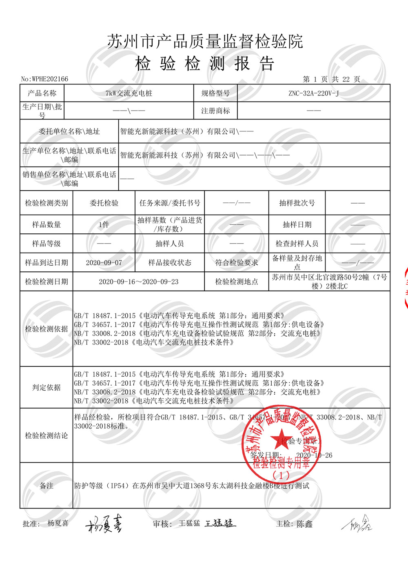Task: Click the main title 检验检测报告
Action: [204, 64]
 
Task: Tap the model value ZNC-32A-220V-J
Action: [313, 93]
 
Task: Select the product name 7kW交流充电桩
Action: [129, 93]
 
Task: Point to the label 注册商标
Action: [215, 111]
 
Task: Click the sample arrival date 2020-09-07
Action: [104, 262]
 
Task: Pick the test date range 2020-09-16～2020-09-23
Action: [138, 282]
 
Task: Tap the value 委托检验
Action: [104, 203]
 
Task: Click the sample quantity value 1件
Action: [104, 224]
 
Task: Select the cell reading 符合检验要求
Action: [236, 262]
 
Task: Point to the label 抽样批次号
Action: [297, 203]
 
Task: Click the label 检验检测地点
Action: [236, 282]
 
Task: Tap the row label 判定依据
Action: [46, 387]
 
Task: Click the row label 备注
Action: [46, 486]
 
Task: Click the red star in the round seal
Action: [279, 440]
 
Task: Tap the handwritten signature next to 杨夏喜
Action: [104, 524]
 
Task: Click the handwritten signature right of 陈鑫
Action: [357, 524]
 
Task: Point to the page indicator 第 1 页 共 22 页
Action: [331, 79]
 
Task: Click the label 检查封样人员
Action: [297, 244]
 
